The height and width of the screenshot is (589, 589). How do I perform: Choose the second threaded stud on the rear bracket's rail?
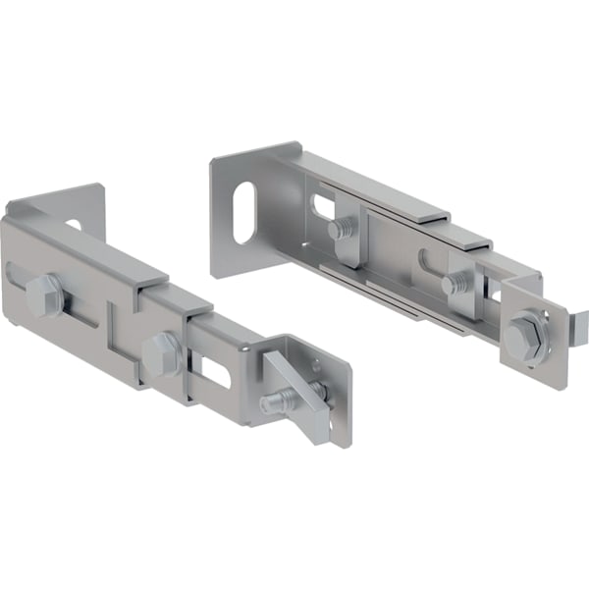tap(454, 286)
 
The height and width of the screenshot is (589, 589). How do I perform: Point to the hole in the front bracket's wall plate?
tap(75, 225)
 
